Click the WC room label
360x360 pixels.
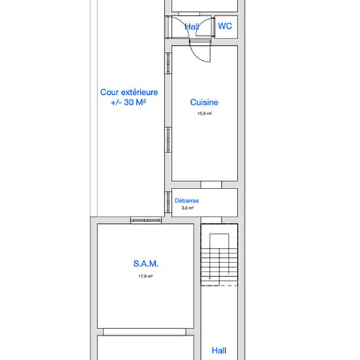tap(225, 26)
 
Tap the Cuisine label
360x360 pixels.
tap(204, 102)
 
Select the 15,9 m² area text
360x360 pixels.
tap(204, 113)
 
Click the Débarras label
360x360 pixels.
tap(187, 201)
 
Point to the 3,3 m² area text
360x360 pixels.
tap(187, 208)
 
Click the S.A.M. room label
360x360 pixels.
tap(146, 264)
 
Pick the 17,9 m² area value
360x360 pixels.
tap(145, 276)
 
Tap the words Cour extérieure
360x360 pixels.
tap(129, 92)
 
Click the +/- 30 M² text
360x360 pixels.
tap(128, 102)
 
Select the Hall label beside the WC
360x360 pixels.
tap(192, 27)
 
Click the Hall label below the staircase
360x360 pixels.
tap(219, 351)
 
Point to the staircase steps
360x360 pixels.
tap(219, 266)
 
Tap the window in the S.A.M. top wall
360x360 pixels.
tap(146, 221)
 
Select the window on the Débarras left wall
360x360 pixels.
tap(168, 202)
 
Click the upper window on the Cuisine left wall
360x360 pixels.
tap(168, 63)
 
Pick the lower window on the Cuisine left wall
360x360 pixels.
tap(168, 139)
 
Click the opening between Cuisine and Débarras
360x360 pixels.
tap(211, 185)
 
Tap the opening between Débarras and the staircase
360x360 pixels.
tap(211, 221)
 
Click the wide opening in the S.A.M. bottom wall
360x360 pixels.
tap(145, 332)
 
